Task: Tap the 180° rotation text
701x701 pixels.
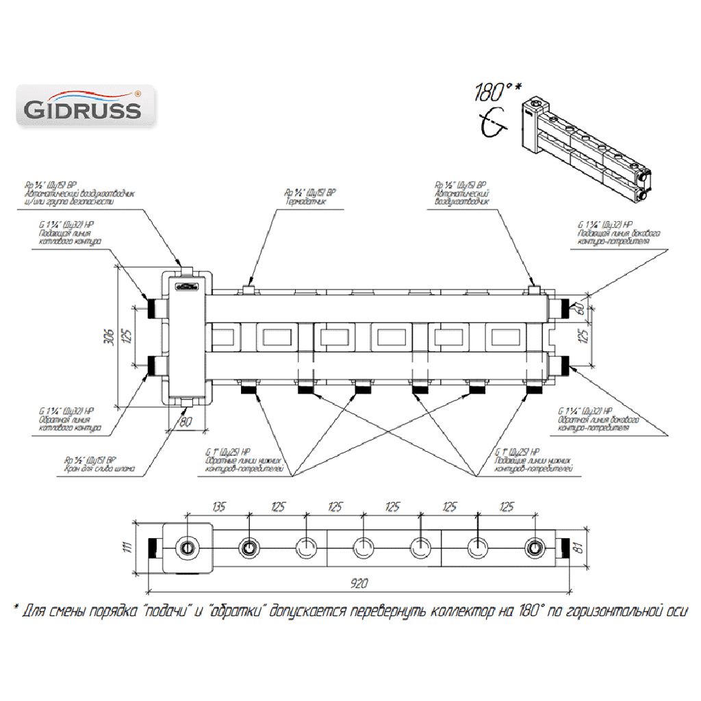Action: click(496, 92)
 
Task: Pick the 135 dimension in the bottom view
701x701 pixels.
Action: click(218, 508)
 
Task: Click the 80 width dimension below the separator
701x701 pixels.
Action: click(184, 422)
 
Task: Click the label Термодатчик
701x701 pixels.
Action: click(306, 203)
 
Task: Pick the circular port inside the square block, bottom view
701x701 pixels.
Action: click(187, 548)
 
